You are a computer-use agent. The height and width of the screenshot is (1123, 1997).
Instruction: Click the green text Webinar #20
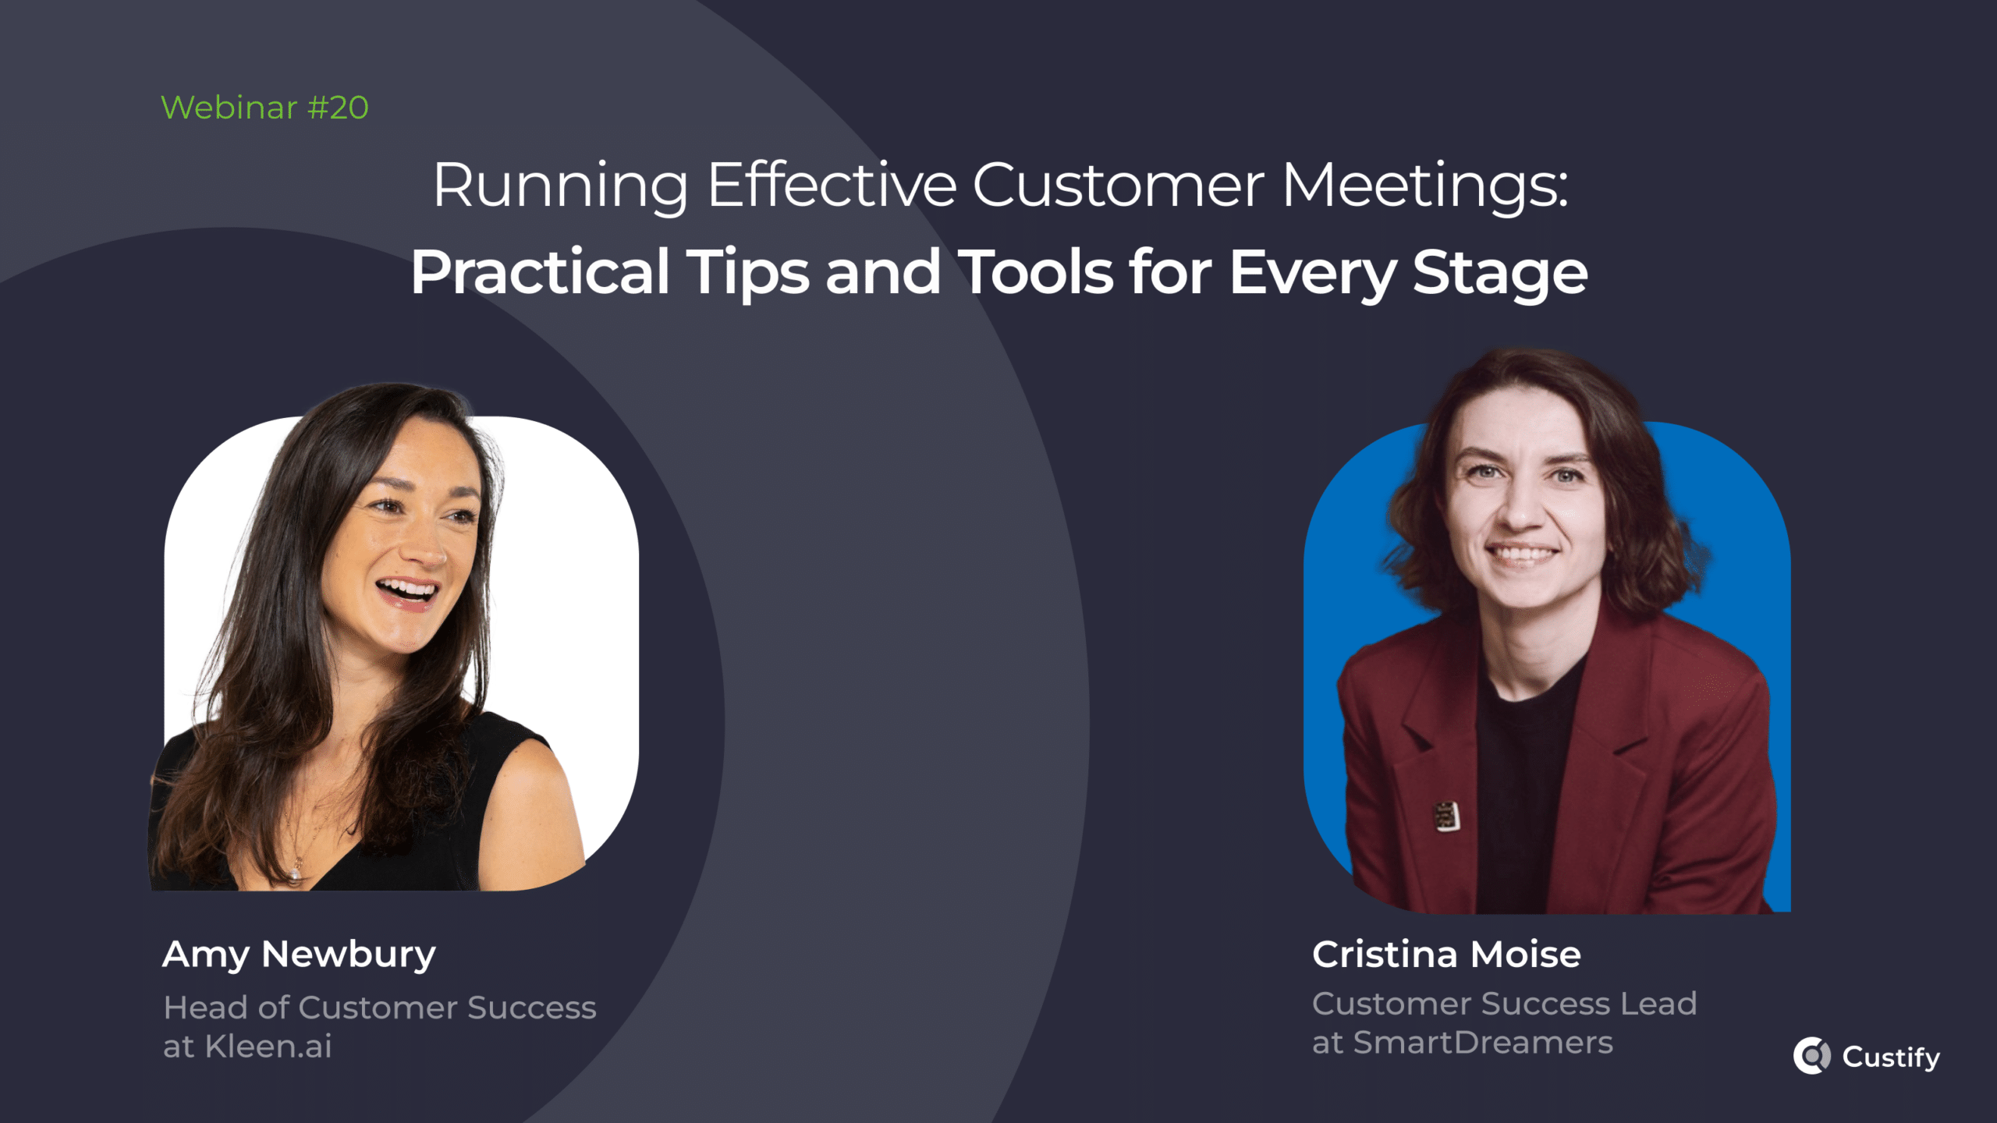tap(264, 108)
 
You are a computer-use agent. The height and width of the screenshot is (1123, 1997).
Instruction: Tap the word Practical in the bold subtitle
tap(540, 273)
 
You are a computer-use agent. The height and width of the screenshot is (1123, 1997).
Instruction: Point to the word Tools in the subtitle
tap(1035, 273)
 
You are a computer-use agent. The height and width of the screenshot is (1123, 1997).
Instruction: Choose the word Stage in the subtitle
tap(1499, 273)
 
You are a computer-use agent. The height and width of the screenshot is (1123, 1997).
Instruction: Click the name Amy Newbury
tap(299, 955)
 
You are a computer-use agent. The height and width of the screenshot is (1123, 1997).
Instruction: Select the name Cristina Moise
tap(1446, 955)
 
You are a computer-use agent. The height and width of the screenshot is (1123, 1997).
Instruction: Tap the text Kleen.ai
tap(268, 1047)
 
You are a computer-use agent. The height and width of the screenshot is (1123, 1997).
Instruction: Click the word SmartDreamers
tap(1482, 1043)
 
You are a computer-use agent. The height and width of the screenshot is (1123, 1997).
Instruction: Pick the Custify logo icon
tap(1811, 1056)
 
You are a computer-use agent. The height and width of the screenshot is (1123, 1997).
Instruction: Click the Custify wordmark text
tap(1891, 1057)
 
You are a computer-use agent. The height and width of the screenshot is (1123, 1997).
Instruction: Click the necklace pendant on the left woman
tap(296, 872)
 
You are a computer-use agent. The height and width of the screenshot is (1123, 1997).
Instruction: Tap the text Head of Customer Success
tap(380, 1008)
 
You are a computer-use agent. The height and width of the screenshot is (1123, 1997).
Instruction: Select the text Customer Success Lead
tap(1504, 1004)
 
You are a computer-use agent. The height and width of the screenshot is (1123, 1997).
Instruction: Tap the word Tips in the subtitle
tap(747, 273)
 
